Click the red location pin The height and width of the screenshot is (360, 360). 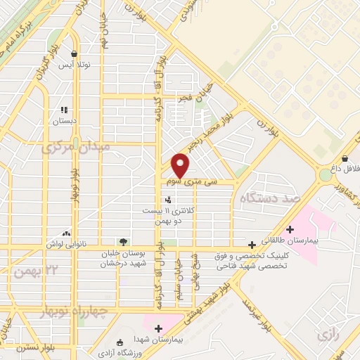[181, 165]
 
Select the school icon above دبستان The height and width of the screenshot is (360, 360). [65, 110]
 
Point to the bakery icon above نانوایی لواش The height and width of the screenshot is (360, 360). [66, 233]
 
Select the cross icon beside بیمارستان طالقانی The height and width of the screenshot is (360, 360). [290, 229]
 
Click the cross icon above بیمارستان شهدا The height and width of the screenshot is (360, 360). [158, 328]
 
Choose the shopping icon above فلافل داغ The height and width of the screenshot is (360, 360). [346, 158]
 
